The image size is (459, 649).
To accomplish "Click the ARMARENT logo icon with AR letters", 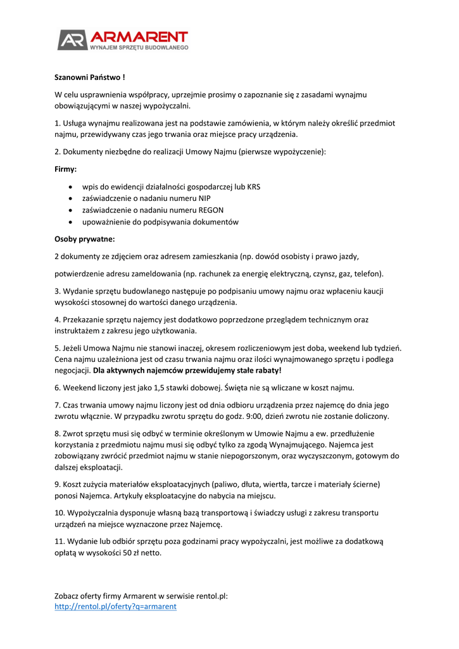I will click(72, 39).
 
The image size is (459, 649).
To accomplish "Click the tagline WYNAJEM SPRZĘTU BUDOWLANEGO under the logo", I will click(139, 48).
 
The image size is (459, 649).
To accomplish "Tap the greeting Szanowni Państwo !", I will click(89, 77).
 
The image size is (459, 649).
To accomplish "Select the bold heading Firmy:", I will click(66, 170).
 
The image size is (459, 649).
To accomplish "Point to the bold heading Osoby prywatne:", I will click(85, 239).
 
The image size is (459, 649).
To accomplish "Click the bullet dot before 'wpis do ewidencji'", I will click(70, 188).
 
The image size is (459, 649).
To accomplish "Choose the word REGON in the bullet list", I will click(211, 210).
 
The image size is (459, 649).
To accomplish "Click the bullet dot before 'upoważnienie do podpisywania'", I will click(70, 222).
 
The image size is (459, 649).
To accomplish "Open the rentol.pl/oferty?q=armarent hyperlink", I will click(116, 607).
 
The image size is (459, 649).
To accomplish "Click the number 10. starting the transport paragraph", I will click(61, 513).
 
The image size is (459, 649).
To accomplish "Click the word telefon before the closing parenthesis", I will click(368, 274).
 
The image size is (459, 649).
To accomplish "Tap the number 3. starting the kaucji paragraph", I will click(58, 291).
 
